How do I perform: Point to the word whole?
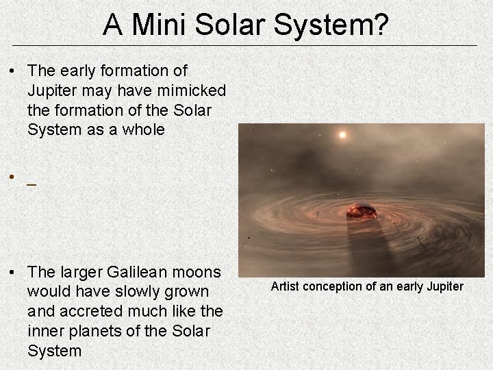point(142,129)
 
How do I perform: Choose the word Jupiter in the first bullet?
point(53,90)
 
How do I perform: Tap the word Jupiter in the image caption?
point(444,286)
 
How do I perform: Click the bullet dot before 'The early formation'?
point(13,71)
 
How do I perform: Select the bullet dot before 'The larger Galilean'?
point(13,273)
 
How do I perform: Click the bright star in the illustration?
point(342,135)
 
